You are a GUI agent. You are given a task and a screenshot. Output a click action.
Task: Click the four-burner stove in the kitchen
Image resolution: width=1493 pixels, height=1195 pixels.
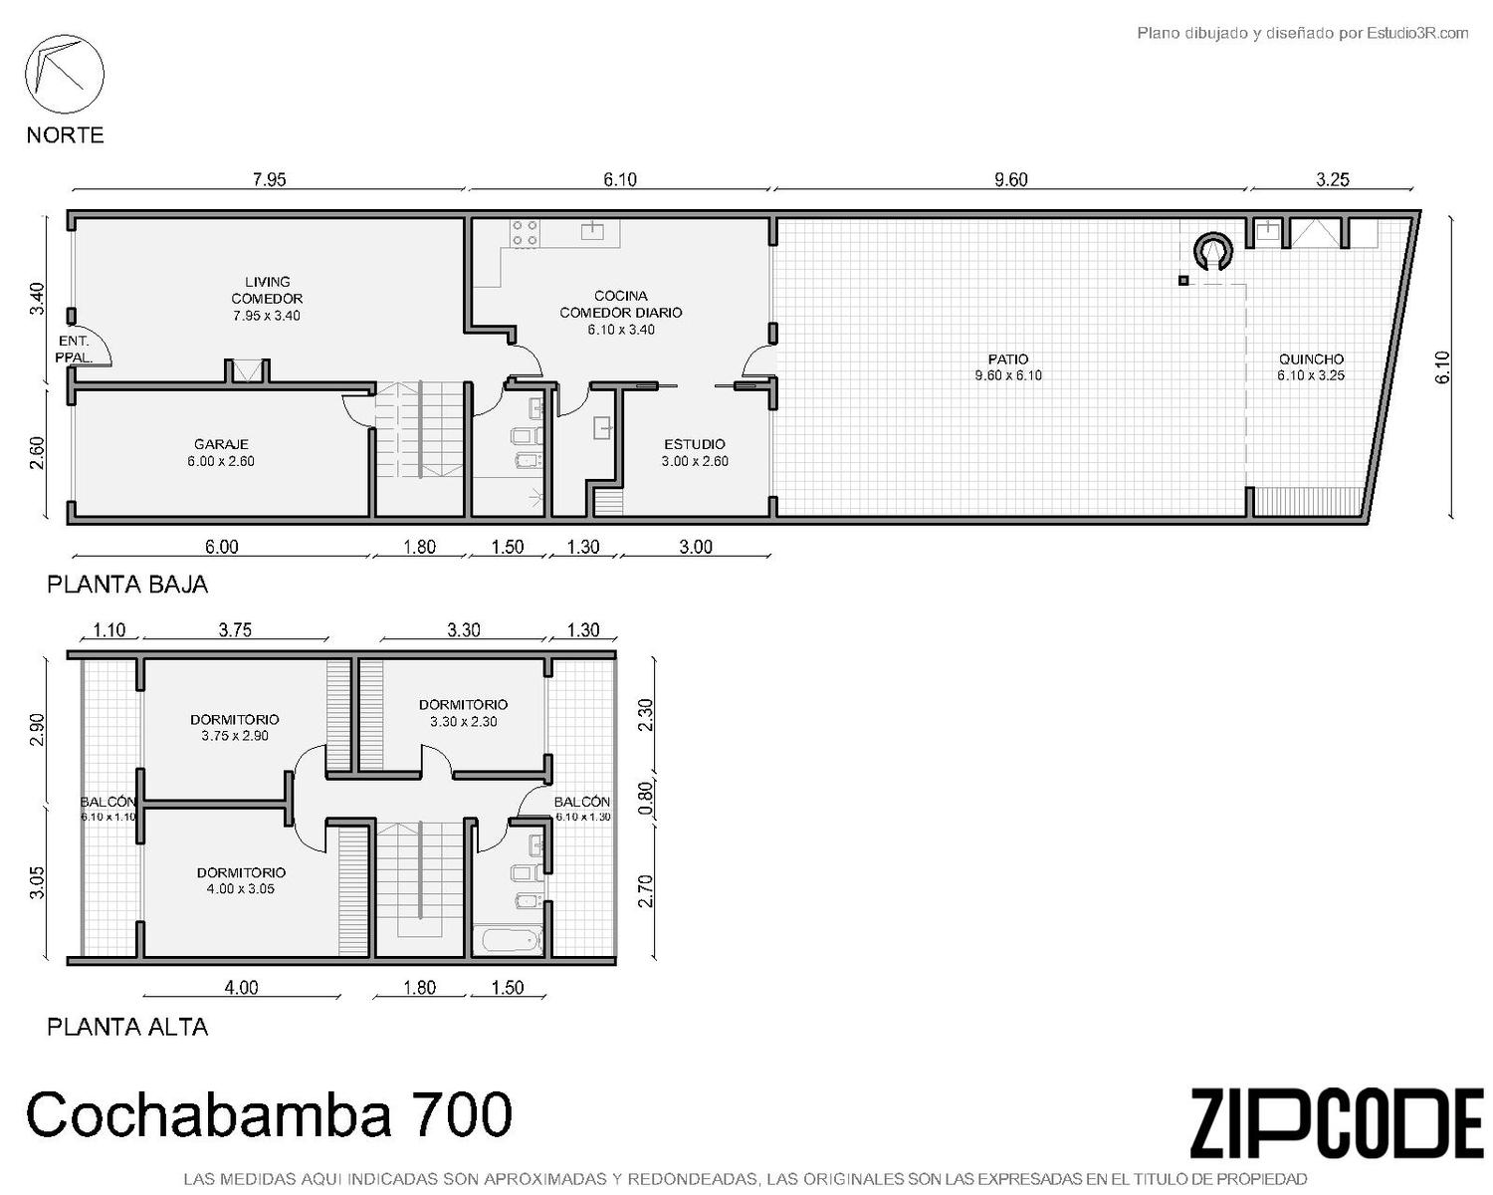(x=526, y=233)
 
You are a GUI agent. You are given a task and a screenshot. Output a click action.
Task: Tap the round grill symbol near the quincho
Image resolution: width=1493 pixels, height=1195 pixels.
(x=1212, y=251)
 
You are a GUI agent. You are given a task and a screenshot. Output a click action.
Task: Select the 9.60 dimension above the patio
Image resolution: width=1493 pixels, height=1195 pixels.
(x=1011, y=180)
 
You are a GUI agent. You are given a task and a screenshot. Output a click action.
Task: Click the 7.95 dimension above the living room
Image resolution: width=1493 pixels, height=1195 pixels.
(x=269, y=180)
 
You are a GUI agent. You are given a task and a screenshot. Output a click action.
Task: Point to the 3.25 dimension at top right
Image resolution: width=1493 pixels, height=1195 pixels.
(x=1333, y=180)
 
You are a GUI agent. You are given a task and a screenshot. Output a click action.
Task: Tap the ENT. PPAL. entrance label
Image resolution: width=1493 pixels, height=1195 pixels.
(x=74, y=350)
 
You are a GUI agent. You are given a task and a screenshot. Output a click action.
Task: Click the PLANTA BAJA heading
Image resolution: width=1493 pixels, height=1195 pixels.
(x=127, y=585)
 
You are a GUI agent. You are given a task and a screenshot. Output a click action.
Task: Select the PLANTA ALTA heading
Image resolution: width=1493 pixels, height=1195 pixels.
(x=127, y=1027)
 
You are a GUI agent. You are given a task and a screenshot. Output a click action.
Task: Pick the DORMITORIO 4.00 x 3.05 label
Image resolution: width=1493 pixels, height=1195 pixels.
(x=241, y=880)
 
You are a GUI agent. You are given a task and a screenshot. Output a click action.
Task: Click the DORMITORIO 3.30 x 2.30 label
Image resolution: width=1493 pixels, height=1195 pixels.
(x=464, y=713)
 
